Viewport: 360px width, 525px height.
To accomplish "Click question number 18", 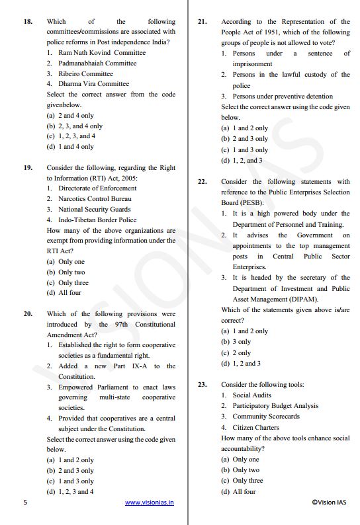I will pos(27,22).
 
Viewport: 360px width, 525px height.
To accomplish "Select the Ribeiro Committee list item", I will pos(88,73).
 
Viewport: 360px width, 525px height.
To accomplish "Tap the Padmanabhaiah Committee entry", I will pos(97,63).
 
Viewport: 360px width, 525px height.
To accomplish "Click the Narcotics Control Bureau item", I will pos(94,198).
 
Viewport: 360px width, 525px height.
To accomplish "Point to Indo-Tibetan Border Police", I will pos(97,220).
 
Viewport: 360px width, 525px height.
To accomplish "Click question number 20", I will pos(27,314).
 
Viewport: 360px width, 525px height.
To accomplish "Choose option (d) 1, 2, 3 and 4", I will pos(69,491).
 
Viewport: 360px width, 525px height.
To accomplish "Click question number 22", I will pos(202,181).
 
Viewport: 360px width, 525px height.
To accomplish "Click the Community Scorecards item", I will pos(265,417).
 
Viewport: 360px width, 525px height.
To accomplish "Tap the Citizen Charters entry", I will pos(255,427).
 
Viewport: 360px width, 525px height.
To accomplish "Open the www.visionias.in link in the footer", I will pos(149,503).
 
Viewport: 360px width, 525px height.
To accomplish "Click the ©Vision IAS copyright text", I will pos(328,503).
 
